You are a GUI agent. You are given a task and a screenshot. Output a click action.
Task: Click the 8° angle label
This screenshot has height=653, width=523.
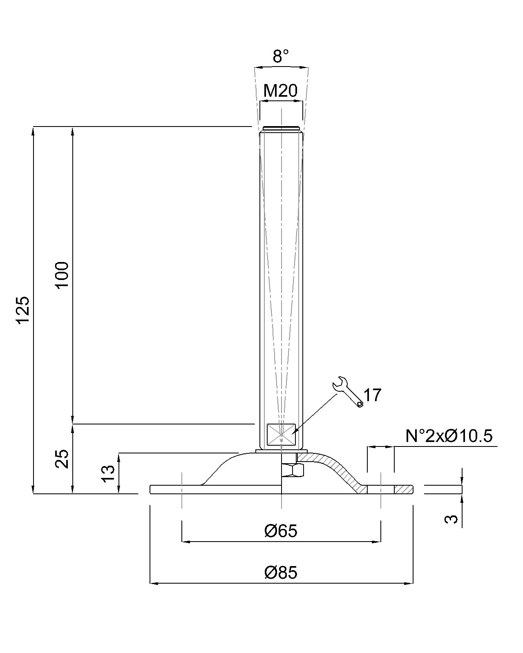point(280,56)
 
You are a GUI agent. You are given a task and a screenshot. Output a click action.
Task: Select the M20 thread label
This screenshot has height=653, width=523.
point(280,91)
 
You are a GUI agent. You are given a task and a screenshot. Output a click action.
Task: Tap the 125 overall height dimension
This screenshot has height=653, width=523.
point(23,310)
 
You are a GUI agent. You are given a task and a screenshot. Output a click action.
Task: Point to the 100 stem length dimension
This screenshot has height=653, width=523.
point(62,275)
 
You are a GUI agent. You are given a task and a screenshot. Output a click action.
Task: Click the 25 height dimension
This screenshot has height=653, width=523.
point(62,459)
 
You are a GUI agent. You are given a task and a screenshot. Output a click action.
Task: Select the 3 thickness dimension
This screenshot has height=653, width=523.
point(451,519)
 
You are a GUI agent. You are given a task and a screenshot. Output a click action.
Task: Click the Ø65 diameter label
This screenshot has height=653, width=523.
point(280,531)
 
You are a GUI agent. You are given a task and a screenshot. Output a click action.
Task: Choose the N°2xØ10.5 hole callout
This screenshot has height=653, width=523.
point(449,436)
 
